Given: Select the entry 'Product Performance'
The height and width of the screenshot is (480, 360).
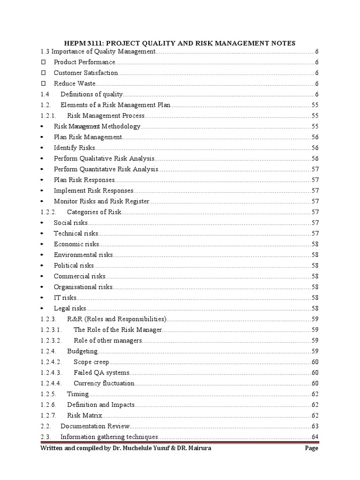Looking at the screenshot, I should click(x=84, y=62).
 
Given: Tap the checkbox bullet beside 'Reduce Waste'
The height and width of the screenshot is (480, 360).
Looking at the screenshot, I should click(x=44, y=83).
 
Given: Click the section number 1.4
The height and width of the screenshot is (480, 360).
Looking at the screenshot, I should click(x=45, y=94).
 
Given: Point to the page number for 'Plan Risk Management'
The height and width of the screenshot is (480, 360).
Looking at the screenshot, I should click(x=315, y=137).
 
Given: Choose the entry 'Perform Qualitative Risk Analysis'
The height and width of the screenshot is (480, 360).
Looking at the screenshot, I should click(x=104, y=158).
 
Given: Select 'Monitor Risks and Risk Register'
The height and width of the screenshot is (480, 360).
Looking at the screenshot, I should click(x=101, y=201).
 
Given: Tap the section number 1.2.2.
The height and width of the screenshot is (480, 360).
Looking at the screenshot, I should click(x=49, y=212).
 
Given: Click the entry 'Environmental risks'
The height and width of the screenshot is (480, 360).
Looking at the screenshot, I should click(x=83, y=255).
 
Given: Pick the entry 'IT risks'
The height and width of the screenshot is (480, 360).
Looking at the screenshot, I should click(x=65, y=297).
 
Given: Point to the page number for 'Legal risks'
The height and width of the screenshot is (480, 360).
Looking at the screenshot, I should click(x=315, y=308).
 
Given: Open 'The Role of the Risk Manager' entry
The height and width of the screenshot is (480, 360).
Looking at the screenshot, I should click(x=118, y=330).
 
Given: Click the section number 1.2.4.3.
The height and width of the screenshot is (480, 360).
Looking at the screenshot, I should click(x=51, y=372).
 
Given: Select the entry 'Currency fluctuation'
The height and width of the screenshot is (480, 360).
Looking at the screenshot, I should click(x=104, y=383).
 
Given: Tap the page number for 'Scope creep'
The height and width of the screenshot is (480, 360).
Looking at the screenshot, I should click(x=315, y=361).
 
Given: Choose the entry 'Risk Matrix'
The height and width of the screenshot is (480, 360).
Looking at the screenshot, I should click(x=84, y=415).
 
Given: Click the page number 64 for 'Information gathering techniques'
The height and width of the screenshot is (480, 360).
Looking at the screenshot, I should click(x=315, y=437).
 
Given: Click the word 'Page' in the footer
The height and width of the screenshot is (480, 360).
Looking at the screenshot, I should click(x=311, y=448).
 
